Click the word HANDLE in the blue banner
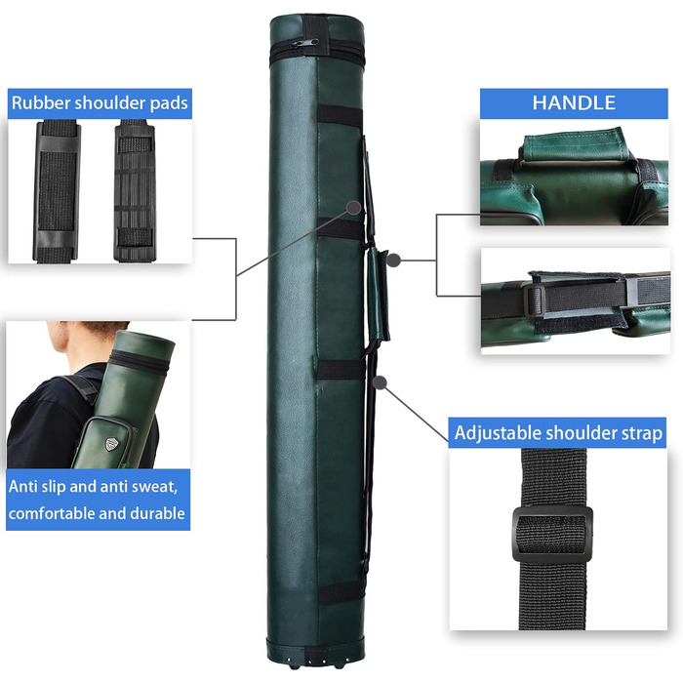574,102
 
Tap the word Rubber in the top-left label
41,102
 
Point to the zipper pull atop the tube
304,43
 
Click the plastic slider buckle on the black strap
552,535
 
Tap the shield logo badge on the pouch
112,443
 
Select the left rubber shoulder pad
57,191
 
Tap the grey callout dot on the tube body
355,207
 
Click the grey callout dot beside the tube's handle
394,261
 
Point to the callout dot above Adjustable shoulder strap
381,382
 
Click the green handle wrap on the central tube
378,295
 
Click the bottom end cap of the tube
315,652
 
